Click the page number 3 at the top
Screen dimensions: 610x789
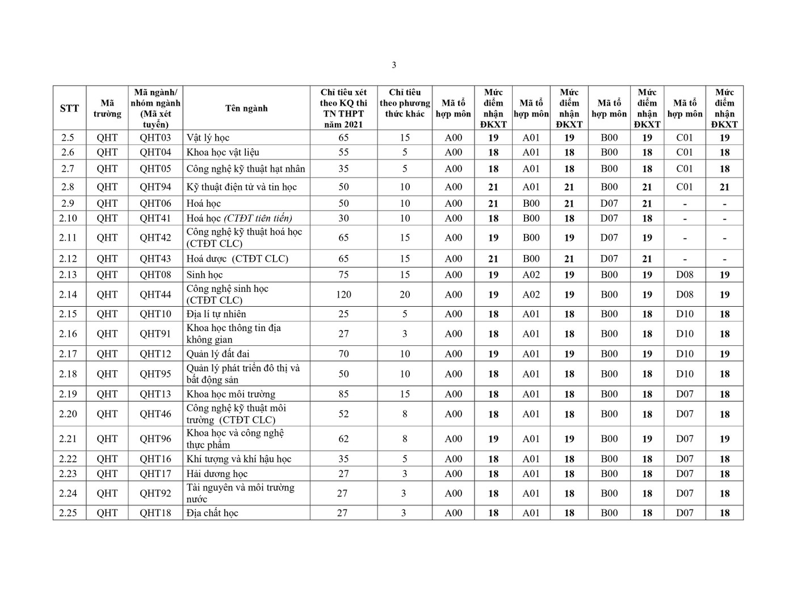[x=394, y=65]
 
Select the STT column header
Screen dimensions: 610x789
[x=69, y=108]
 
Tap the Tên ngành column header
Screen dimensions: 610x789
[x=246, y=108]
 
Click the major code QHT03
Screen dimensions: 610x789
[x=155, y=137]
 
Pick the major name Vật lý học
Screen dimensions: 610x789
[x=208, y=137]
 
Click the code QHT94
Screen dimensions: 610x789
[x=155, y=187]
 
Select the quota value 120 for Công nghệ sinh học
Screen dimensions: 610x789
[x=343, y=294]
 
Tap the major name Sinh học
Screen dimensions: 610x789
[x=204, y=274]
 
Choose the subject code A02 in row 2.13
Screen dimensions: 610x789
[x=531, y=274]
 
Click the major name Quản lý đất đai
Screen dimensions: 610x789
[x=219, y=354]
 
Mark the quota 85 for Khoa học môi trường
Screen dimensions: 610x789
[x=343, y=394]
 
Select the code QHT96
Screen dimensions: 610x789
[x=155, y=438]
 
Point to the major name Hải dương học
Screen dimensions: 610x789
[x=217, y=474]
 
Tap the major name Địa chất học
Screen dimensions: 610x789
[x=212, y=513]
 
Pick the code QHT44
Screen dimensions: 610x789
[x=155, y=294]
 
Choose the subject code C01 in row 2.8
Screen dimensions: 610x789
[x=685, y=187]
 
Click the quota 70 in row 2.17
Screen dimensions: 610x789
[x=343, y=354]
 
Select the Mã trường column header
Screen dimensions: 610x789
[x=107, y=108]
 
